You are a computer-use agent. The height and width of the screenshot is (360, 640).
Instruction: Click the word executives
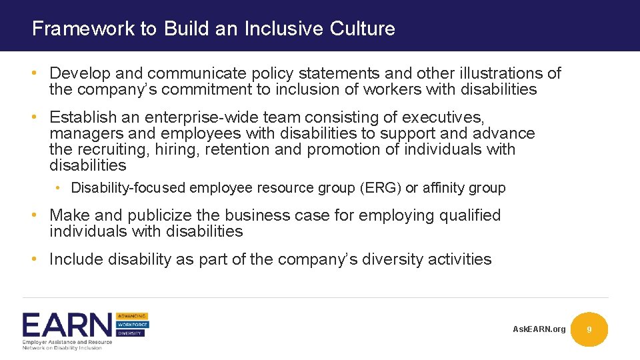pos(443,118)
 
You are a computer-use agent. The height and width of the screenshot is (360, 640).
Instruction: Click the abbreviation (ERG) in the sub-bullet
pos(380,188)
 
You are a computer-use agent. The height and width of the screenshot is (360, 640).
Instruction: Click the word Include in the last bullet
pos(75,259)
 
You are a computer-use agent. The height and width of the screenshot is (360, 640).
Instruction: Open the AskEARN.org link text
pos(539,329)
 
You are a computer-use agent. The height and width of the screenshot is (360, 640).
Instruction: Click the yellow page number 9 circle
pos(589,329)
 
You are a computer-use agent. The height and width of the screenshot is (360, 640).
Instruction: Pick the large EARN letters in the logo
pos(67,325)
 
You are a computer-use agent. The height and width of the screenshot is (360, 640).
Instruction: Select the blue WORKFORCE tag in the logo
pos(133,325)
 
